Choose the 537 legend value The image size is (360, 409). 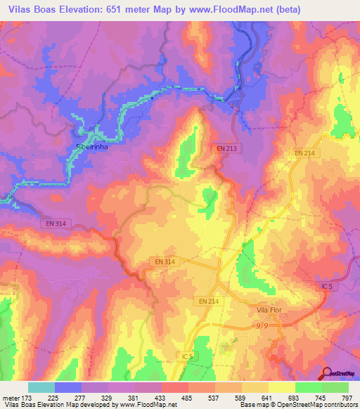pyautogui.click(x=221, y=398)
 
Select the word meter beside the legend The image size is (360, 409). pyautogui.click(x=12, y=398)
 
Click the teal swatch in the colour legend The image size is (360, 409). pyautogui.click(x=41, y=387)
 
